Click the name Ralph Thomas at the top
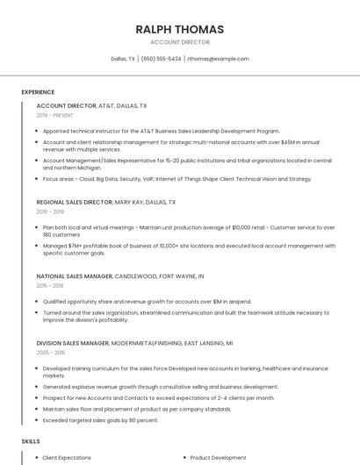coord(179,29)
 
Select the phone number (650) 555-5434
coord(161,59)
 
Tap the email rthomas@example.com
coord(218,59)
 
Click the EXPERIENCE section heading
coord(38,92)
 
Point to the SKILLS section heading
coord(31,440)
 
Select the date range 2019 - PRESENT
coord(54,115)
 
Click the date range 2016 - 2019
coord(50,211)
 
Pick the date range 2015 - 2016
coord(50,285)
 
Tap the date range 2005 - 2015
coord(50,352)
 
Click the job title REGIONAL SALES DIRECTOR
coord(75,202)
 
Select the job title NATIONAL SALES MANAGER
coord(75,275)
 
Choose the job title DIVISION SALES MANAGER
coord(73,342)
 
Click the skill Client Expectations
coord(67,457)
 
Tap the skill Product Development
coord(218,457)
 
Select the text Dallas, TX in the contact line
coord(123,59)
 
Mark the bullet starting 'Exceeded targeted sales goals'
coord(100,419)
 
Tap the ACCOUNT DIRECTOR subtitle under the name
coord(179,42)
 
